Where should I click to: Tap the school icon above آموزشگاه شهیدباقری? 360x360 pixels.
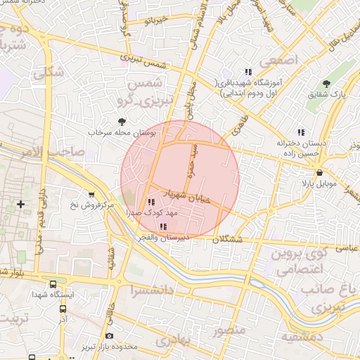pyautogui.click(x=247, y=72)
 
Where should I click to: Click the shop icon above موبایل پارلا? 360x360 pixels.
pyautogui.click(x=320, y=172)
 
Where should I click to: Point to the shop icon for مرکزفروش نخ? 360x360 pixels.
pyautogui.click(x=91, y=195)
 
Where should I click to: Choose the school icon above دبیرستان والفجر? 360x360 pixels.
pyautogui.click(x=164, y=226)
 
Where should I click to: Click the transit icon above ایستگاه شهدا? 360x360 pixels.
pyautogui.click(x=53, y=284)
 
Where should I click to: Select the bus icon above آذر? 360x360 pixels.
pyautogui.click(x=63, y=308)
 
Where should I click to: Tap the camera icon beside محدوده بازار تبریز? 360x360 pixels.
pyautogui.click(x=108, y=337)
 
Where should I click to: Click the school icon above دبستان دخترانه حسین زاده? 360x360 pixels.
pyautogui.click(x=301, y=132)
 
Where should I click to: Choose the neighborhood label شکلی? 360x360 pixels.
pyautogui.click(x=48, y=72)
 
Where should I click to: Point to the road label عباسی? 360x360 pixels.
pyautogui.click(x=347, y=247)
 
